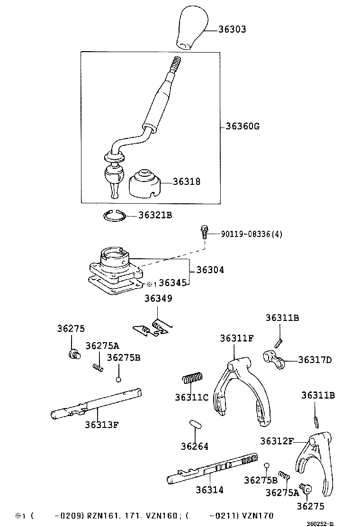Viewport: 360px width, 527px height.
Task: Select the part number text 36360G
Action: [x=243, y=127]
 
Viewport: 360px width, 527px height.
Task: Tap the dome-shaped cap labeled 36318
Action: [x=145, y=185]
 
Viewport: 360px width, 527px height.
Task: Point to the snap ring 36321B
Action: [x=114, y=216]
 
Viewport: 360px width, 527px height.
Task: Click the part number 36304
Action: [x=210, y=270]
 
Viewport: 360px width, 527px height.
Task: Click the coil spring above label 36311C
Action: [x=192, y=378]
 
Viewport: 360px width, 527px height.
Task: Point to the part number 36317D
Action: [x=315, y=360]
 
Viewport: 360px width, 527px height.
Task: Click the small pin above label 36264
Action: [x=195, y=424]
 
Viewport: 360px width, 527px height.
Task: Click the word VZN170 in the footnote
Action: [x=257, y=515]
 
